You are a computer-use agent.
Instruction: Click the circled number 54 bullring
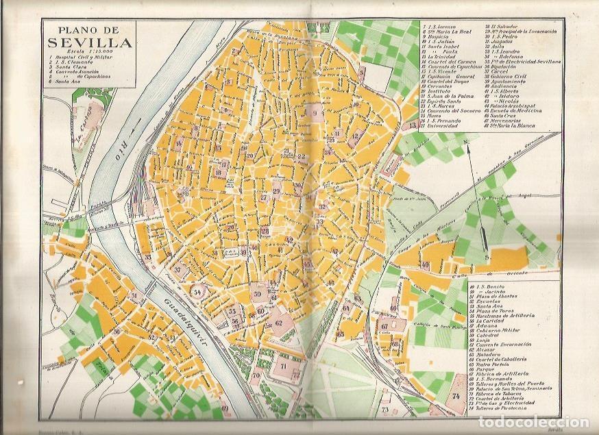click(198, 292)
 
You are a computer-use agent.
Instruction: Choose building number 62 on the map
click(278, 323)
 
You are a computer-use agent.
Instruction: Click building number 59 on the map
click(257, 295)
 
